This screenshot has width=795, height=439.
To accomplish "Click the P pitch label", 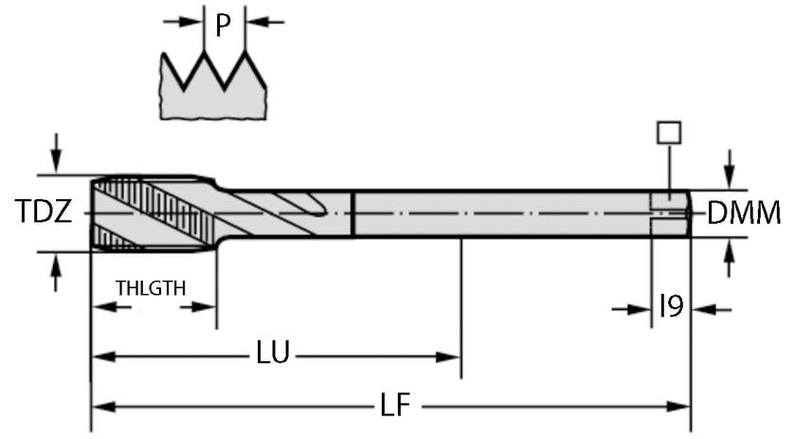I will pyautogui.click(x=223, y=25).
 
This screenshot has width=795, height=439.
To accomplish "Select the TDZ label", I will pyautogui.click(x=44, y=212).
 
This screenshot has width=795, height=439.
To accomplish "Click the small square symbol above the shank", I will pyautogui.click(x=669, y=132).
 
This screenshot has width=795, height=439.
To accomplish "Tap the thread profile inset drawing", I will pyautogui.click(x=212, y=84).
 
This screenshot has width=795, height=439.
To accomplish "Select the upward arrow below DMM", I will pyautogui.click(x=728, y=257).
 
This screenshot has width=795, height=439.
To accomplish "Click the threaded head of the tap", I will pyautogui.click(x=152, y=213).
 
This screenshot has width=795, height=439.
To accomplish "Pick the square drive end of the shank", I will pyautogui.click(x=670, y=213).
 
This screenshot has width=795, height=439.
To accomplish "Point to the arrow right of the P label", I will pyautogui.click(x=268, y=21).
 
